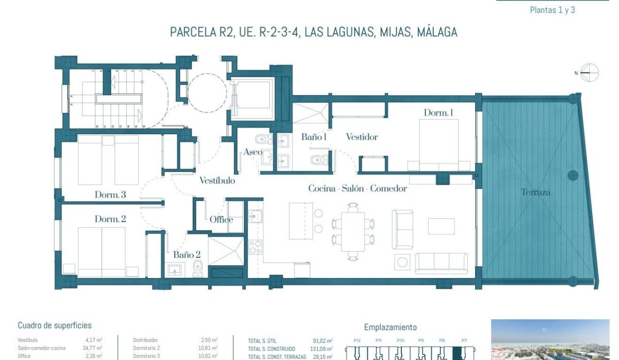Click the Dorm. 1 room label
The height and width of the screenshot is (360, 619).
coord(438,112)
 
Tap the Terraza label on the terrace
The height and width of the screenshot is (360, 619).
coord(535,192)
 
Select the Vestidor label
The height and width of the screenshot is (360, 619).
coord(362,137)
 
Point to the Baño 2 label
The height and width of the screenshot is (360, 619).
coord(187,255)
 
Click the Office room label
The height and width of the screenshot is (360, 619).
coord(221,220)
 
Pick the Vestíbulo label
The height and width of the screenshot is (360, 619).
coord(217,181)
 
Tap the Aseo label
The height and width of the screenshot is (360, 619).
coord(253,152)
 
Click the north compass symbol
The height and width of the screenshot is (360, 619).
coord(589,73)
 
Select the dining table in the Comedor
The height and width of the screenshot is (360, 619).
coord(353,232)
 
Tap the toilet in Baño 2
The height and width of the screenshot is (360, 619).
coord(198,268)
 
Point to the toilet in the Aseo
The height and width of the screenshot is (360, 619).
coord(263,138)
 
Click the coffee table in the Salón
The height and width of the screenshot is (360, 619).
coord(441,226)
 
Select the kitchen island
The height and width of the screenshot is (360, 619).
coord(301,221)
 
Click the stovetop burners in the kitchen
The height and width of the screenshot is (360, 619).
coord(255,247)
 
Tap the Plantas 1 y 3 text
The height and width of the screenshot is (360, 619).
coord(552,10)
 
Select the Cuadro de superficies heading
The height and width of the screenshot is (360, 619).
coord(55,325)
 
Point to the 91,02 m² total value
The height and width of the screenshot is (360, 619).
coord(322,341)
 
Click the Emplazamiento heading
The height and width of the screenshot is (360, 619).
coord(390,328)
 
